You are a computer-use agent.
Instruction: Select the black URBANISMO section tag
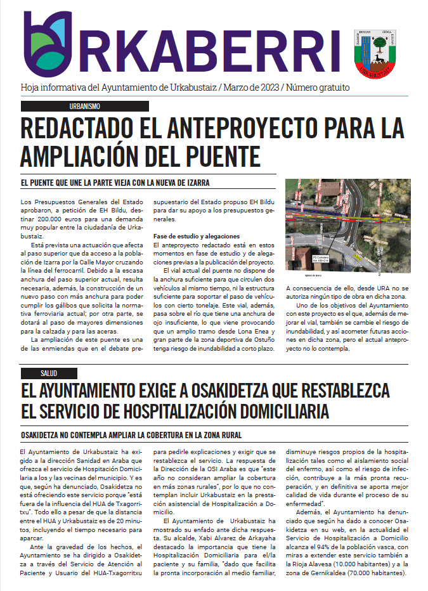click(x=84, y=107)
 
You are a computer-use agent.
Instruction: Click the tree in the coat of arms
click(x=379, y=46)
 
